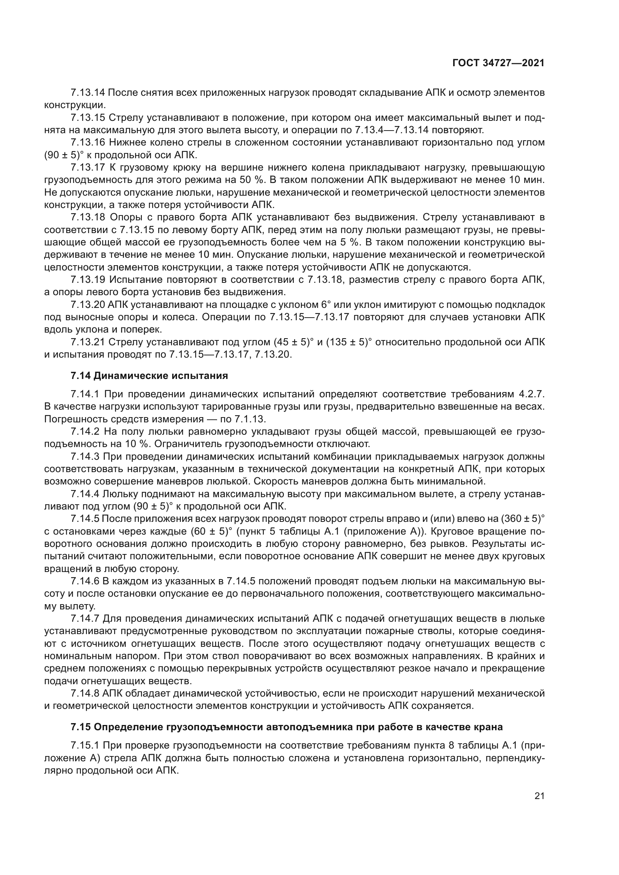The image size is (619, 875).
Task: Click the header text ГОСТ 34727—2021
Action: [x=498, y=63]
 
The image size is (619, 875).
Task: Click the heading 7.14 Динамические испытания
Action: [x=149, y=376]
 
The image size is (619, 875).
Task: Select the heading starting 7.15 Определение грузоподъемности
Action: [x=287, y=727]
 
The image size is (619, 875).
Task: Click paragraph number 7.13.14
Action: [x=87, y=93]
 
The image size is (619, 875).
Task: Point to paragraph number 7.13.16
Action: [x=87, y=143]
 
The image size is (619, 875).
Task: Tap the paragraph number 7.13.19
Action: [x=87, y=280]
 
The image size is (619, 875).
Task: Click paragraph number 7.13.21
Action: [x=87, y=342]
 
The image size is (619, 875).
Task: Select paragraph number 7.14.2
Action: [x=85, y=431]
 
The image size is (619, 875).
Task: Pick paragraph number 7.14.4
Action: [x=85, y=494]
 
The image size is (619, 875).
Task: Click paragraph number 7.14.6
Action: [x=85, y=581]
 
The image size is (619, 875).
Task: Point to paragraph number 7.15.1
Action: [x=85, y=746]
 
